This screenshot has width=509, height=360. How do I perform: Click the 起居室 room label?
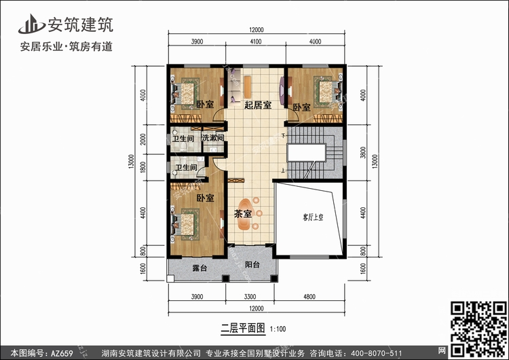coord(258,105)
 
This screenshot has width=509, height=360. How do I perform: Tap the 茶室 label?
coord(243,214)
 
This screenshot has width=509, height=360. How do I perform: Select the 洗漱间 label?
coord(213,138)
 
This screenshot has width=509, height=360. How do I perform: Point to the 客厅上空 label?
coord(313,217)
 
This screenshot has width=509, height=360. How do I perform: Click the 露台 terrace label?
coord(200,268)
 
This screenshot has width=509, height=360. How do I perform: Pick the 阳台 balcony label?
coord(252,264)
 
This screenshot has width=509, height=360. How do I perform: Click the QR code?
coord(478,329)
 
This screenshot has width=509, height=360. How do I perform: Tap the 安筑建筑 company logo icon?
coord(31,24)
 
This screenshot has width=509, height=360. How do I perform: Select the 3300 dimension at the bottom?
coord(250,296)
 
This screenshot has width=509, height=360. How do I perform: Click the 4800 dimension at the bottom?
coord(309,296)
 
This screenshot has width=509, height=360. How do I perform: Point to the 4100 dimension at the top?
coord(256,41)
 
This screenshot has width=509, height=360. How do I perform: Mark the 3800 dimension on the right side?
coord(363,152)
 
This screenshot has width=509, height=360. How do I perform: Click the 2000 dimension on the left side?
coord(143,139)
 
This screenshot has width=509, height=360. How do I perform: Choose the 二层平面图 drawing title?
coord(243,328)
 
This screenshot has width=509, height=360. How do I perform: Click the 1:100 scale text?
coord(278,329)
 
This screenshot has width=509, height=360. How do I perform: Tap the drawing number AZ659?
coord(62,353)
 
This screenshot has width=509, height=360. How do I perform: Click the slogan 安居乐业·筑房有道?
coord(67,47)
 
